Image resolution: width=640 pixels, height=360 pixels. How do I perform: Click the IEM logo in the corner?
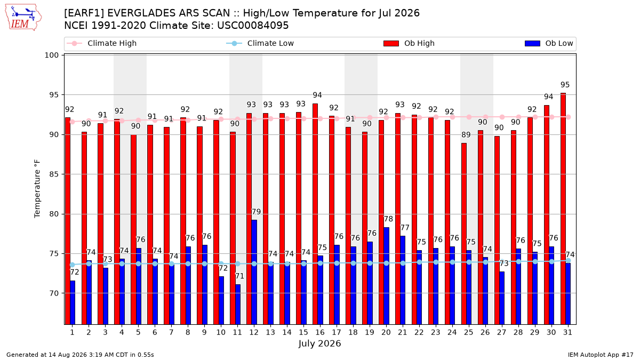click(23, 18)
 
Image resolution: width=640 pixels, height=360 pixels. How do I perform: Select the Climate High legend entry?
click(101, 43)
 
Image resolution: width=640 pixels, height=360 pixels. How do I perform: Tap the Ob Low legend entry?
click(549, 43)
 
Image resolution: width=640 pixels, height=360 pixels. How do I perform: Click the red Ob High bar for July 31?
click(563, 209)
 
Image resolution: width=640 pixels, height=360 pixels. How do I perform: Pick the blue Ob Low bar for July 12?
click(254, 272)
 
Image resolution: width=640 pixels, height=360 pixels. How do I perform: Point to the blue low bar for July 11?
click(237, 305)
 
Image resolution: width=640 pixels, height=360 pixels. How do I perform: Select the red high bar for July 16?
click(315, 214)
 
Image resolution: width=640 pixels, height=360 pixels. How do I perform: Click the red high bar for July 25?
click(463, 234)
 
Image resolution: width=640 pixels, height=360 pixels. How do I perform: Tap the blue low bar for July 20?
click(386, 276)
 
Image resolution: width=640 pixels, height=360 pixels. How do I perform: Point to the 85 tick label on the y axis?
click(54, 174)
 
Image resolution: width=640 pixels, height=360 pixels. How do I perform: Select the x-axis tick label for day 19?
click(370, 332)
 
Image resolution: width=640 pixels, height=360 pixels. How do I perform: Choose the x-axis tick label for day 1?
click(73, 332)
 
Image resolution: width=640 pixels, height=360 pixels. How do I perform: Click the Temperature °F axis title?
click(37, 189)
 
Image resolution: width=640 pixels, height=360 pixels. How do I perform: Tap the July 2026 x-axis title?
click(319, 343)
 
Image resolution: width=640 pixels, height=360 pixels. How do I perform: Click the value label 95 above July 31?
click(565, 85)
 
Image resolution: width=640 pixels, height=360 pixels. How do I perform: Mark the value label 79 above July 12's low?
click(256, 212)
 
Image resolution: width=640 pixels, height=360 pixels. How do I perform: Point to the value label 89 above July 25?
click(466, 134)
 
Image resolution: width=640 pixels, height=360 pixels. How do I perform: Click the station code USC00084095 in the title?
click(253, 26)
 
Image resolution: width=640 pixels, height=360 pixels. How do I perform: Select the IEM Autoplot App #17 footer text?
click(601, 355)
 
